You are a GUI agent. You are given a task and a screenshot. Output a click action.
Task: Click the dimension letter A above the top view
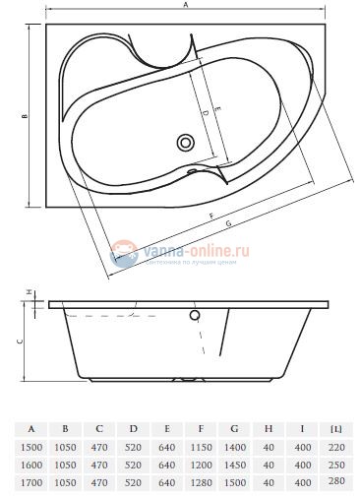click(185, 6)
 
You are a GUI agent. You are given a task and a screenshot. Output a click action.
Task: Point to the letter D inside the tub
click(204, 114)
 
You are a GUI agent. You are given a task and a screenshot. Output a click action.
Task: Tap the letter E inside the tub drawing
click(217, 106)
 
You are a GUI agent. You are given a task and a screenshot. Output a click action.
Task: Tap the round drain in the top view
click(186, 143)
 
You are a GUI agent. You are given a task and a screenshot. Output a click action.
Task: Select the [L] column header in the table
click(337, 429)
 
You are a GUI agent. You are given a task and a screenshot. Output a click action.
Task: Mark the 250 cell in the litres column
click(337, 464)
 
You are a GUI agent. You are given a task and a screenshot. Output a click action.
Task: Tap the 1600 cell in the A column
click(32, 464)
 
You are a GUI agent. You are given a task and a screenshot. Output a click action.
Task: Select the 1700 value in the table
click(32, 481)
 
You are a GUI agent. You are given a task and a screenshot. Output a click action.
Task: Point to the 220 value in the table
click(337, 447)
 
